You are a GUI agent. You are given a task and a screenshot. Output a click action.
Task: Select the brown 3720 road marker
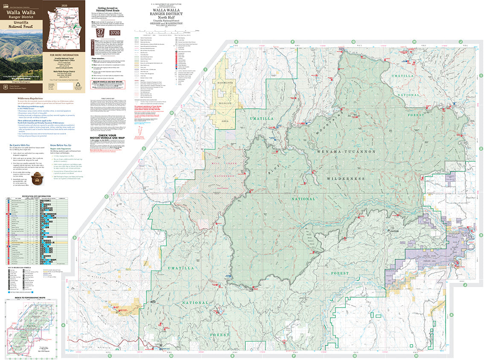[115, 32]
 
